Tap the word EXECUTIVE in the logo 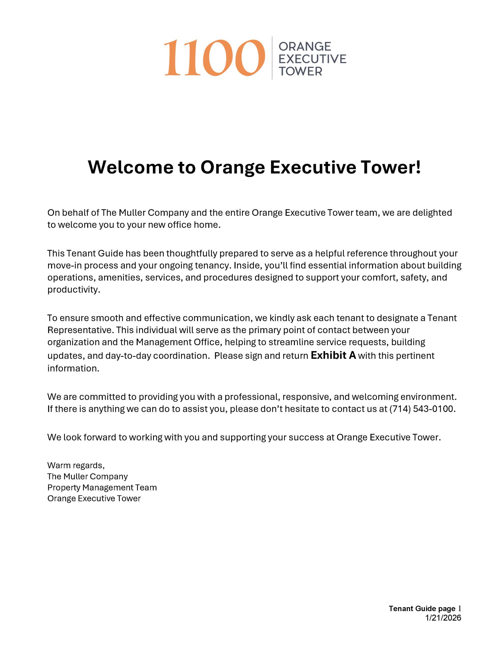click(312, 59)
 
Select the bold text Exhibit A click(333, 355)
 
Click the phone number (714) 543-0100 click(422, 409)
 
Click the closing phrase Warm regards click(76, 465)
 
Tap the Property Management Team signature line click(102, 487)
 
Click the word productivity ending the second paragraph click(73, 290)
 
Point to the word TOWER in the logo click(300, 71)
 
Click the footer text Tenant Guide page click(422, 609)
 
